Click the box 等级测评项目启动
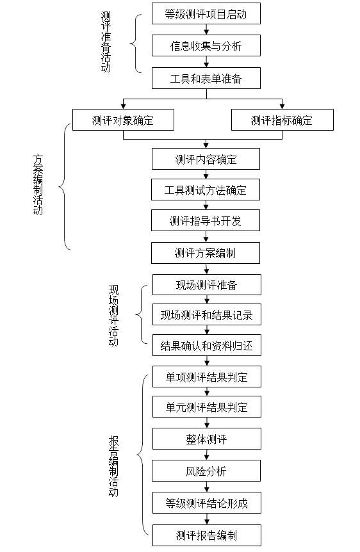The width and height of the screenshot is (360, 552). pyautogui.click(x=206, y=13)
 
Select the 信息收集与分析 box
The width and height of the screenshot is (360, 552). pyautogui.click(x=206, y=45)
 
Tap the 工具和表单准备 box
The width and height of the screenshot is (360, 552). pyautogui.click(x=206, y=78)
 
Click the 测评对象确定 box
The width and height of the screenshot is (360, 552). pyautogui.click(x=123, y=120)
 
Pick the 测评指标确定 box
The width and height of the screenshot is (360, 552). pyautogui.click(x=282, y=120)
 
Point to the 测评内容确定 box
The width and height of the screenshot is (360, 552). pyautogui.click(x=206, y=159)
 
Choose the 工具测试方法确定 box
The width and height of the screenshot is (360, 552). pyautogui.click(x=206, y=190)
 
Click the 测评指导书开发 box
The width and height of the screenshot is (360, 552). pyautogui.click(x=206, y=221)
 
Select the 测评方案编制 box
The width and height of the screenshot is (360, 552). pyautogui.click(x=206, y=252)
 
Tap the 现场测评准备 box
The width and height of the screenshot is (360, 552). pyautogui.click(x=206, y=284)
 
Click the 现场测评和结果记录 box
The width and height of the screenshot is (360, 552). pyautogui.click(x=206, y=315)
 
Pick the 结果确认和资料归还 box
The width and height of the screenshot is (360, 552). pyautogui.click(x=206, y=346)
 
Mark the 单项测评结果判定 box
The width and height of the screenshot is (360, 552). pyautogui.click(x=206, y=377)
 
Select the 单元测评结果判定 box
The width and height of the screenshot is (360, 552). pyautogui.click(x=206, y=407)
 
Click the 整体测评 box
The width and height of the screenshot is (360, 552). pyautogui.click(x=206, y=439)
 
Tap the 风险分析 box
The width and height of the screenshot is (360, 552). pyautogui.click(x=206, y=471)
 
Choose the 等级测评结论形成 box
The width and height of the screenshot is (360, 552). pyautogui.click(x=206, y=503)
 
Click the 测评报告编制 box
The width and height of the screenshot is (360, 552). pyautogui.click(x=206, y=535)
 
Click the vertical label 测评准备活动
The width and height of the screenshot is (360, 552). pyautogui.click(x=106, y=42)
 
